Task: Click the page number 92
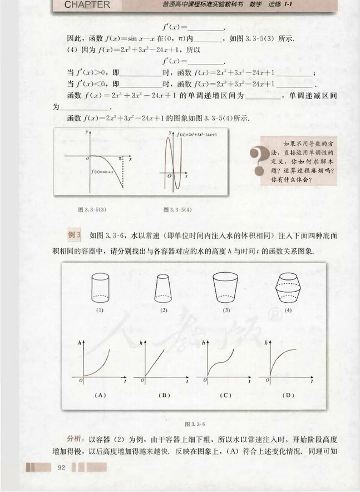62,466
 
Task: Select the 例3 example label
75,235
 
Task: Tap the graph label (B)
164,395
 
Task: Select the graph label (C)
226,395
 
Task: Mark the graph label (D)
288,395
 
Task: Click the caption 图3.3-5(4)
177,209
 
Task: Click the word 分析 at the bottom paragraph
74,437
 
